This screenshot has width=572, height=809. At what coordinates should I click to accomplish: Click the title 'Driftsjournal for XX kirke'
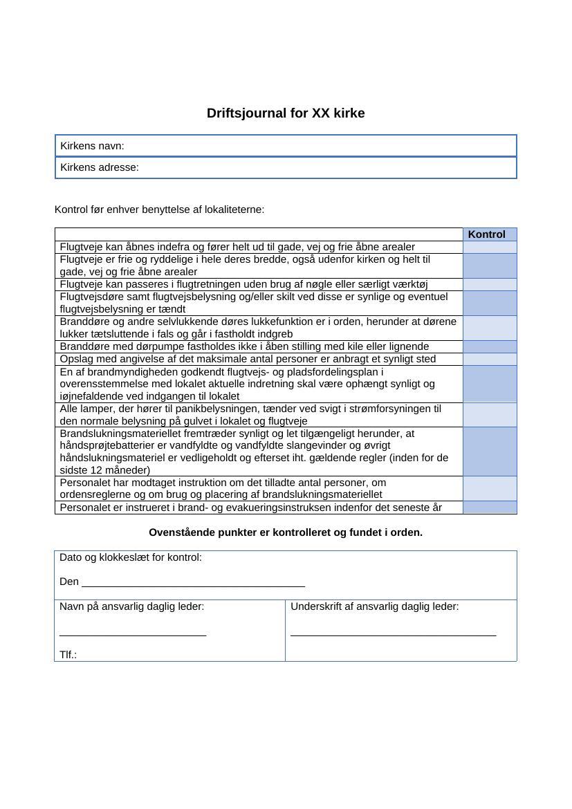286,113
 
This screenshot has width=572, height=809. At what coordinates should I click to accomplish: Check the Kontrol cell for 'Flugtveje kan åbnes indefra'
490,247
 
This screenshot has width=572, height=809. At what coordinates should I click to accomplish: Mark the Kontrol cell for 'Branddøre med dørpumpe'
490,346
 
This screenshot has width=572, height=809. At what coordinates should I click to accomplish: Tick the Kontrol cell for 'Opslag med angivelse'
490,359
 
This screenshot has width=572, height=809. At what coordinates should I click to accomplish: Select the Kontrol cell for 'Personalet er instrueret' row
490,508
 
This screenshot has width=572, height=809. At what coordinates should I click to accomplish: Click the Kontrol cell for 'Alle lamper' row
490,415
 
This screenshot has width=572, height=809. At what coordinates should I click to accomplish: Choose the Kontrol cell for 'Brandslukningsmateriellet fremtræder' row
490,452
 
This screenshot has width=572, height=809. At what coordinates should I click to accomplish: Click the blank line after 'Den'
194,582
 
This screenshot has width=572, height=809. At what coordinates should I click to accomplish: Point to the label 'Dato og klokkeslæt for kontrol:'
131,557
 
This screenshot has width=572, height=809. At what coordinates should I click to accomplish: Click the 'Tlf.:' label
68,655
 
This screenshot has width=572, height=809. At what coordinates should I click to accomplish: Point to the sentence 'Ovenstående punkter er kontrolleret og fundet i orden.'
286,532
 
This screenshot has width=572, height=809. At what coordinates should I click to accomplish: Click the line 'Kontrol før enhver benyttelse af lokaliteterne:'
159,210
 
